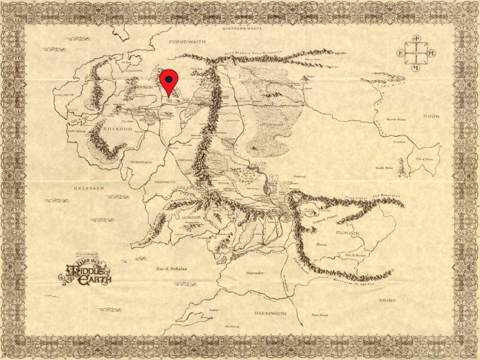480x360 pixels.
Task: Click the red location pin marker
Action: pos(169,81)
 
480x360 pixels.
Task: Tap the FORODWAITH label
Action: pos(187,42)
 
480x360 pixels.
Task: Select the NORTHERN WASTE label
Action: pos(241,29)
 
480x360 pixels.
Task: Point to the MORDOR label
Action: pos(347,233)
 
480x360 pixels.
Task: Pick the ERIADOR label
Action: pos(109,127)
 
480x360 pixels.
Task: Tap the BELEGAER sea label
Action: pos(88,188)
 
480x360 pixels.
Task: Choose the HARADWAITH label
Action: pos(270,313)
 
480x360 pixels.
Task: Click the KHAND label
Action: pos(387,300)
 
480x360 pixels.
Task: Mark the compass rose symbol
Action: pos(416,53)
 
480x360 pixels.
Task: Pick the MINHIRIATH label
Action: pos(141,162)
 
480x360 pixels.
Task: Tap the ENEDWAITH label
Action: pos(164,182)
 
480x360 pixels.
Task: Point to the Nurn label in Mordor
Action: pos(321,244)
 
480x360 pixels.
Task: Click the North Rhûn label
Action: pos(396,120)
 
